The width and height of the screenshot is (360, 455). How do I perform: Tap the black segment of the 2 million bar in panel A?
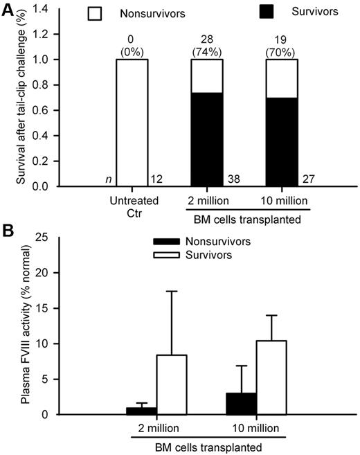(x=209, y=139)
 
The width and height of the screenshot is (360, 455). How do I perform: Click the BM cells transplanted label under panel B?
(x=209, y=447)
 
